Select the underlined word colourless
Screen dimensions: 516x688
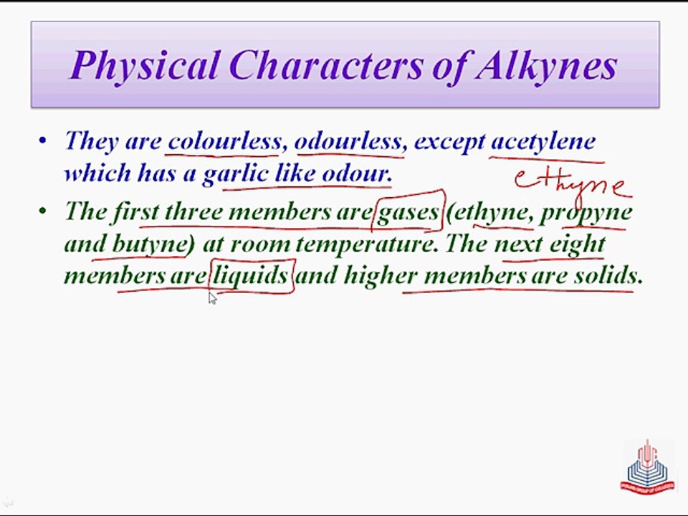224,140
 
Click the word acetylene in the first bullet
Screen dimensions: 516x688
543,140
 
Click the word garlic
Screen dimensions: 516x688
236,173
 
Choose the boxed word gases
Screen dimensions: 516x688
408,211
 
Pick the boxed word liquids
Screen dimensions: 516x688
252,275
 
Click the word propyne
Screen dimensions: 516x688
586,211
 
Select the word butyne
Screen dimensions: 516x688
149,244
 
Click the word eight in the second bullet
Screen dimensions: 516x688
577,244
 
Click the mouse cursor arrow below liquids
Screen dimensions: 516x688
212,298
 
